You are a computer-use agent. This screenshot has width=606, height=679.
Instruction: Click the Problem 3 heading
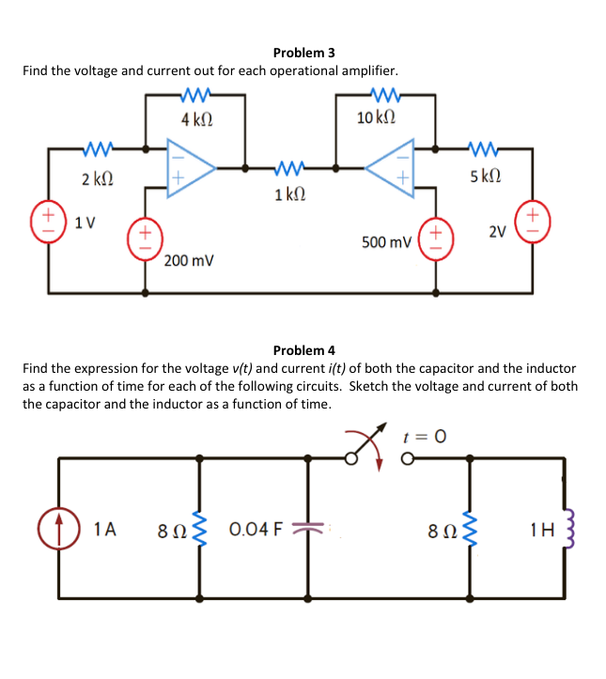click(x=303, y=53)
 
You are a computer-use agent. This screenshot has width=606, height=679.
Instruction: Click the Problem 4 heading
click(x=303, y=350)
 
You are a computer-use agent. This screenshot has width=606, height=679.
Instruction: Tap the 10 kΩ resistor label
click(x=376, y=118)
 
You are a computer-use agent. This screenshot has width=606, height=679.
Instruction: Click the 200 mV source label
click(x=188, y=259)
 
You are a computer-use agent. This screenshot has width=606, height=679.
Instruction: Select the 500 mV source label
click(x=386, y=242)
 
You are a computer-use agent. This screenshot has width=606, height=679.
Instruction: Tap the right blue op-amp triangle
click(x=393, y=166)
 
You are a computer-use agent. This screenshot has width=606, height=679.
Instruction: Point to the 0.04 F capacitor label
click(x=255, y=530)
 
